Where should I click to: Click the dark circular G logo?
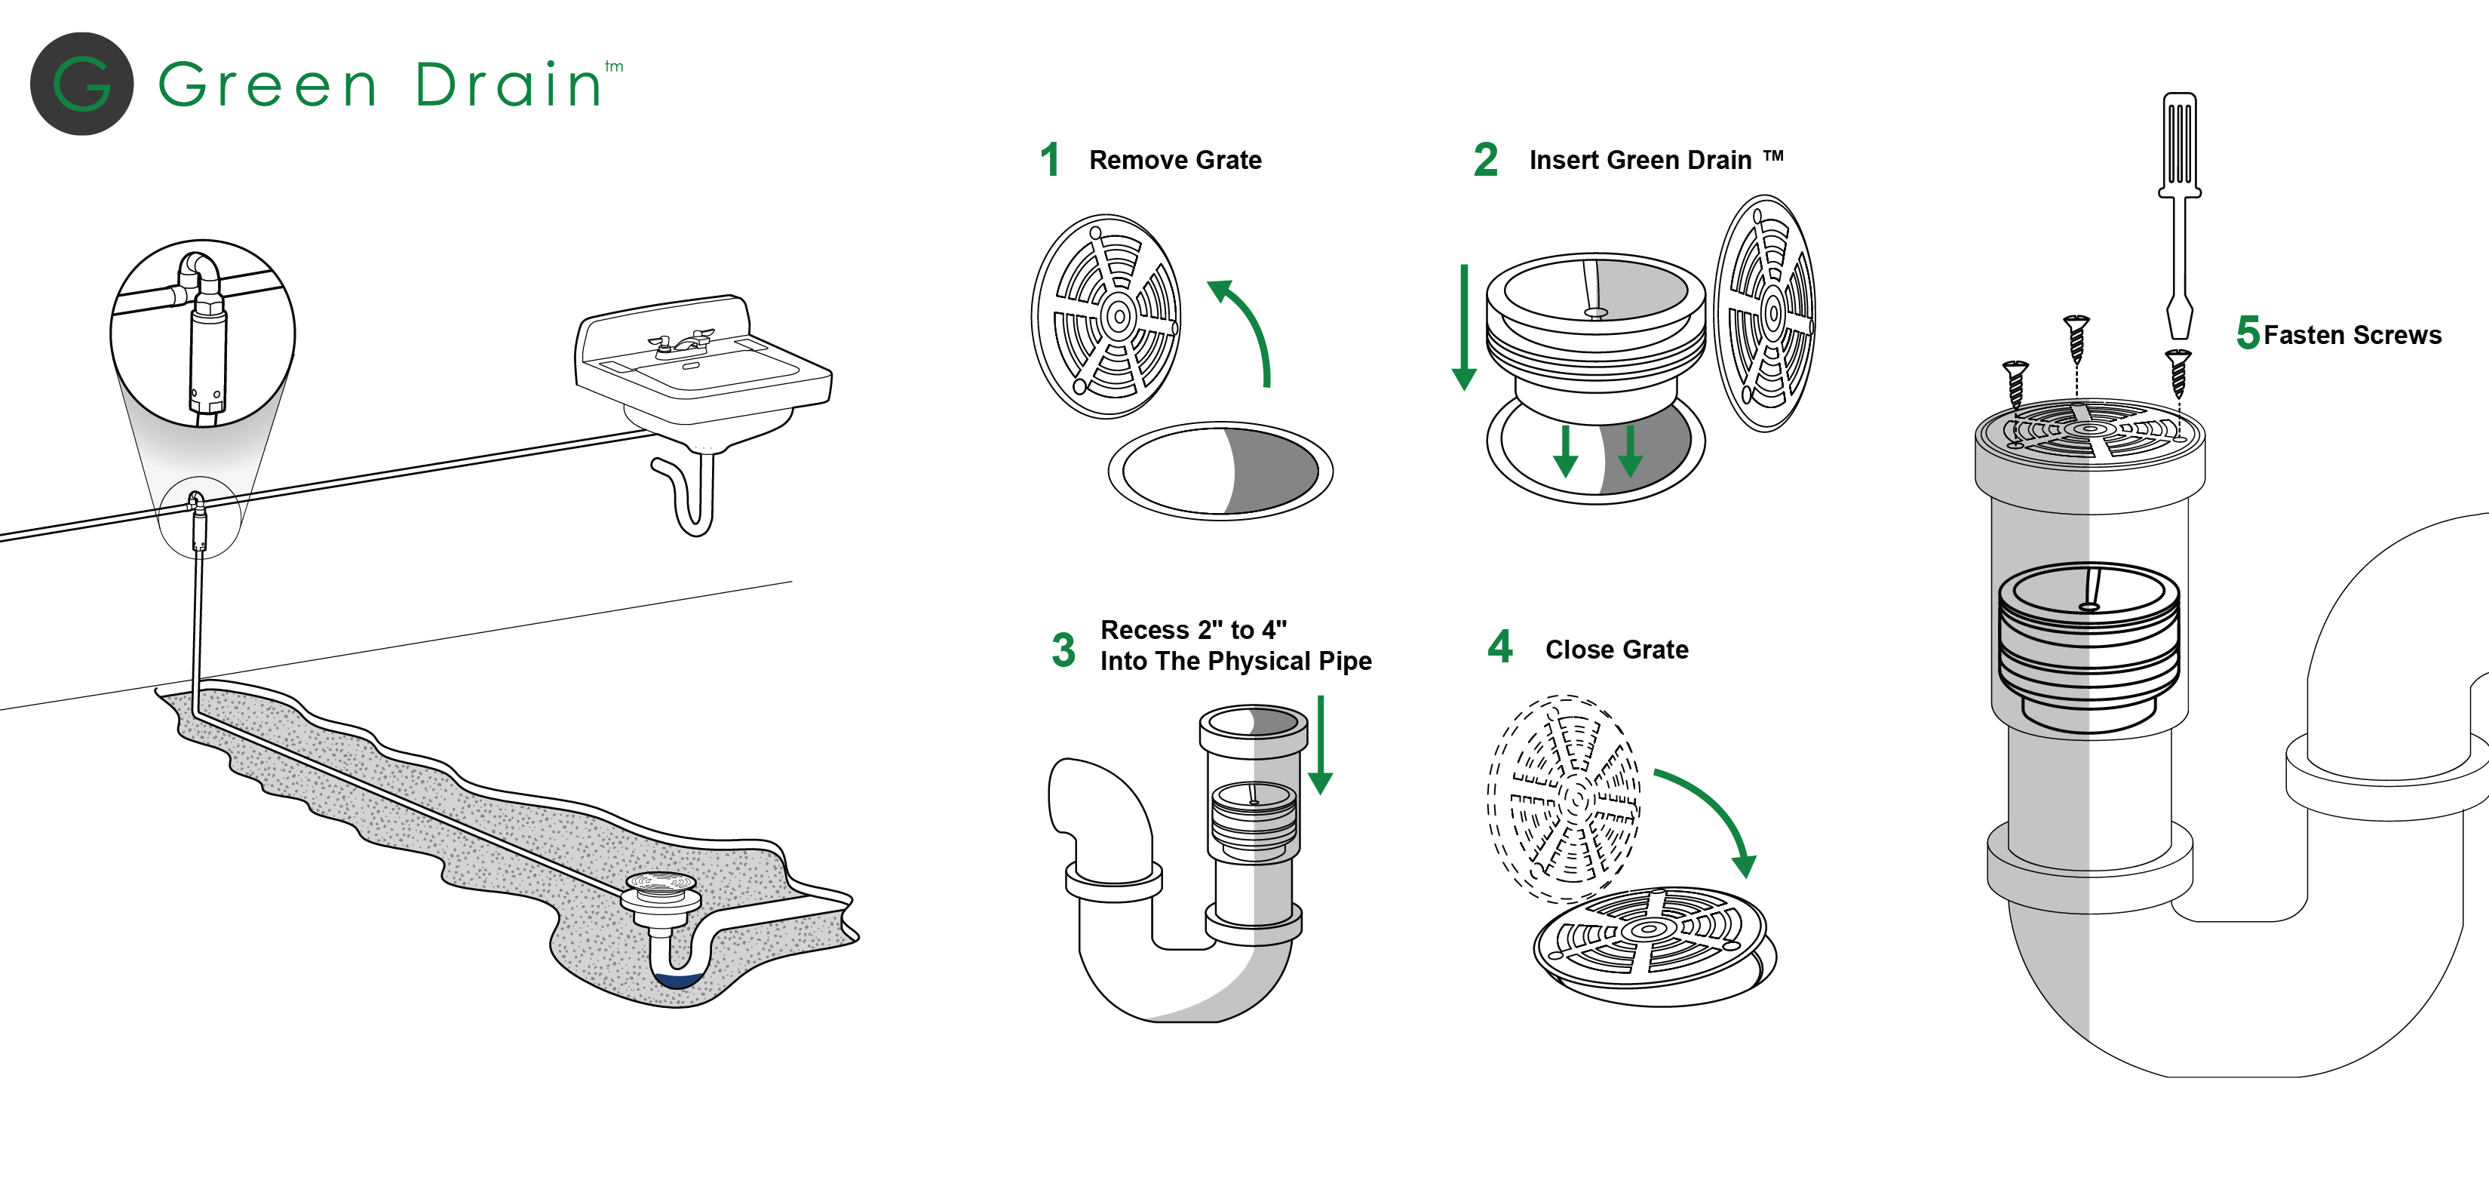(x=81, y=84)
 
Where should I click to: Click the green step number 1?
(x=1049, y=159)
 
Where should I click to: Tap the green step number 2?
(x=1485, y=159)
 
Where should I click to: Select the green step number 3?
(x=1063, y=650)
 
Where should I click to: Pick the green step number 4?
(x=1499, y=646)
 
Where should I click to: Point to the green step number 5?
(x=2248, y=333)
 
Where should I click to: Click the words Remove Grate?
(x=1175, y=161)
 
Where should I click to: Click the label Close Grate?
(x=1616, y=650)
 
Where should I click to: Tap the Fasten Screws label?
(x=2352, y=336)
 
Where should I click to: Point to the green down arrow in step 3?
(x=1320, y=745)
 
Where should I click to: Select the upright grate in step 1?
(x=1106, y=316)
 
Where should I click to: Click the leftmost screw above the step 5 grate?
(x=2015, y=382)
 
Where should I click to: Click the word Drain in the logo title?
(x=508, y=85)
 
